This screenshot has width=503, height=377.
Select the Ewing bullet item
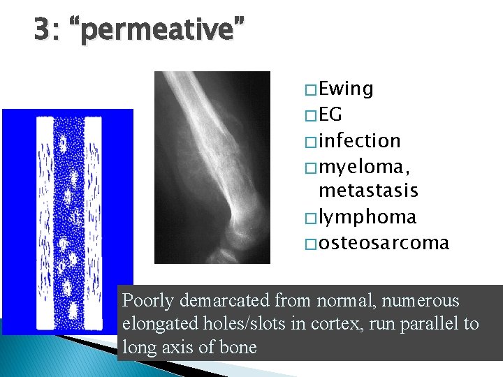[346, 89]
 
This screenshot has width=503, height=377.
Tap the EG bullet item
[330, 114]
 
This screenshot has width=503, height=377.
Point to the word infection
[359, 140]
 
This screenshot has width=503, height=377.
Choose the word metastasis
[368, 191]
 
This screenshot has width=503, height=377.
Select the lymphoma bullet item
[367, 217]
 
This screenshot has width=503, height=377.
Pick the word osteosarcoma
[384, 242]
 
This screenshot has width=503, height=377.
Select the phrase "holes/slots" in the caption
[239, 324]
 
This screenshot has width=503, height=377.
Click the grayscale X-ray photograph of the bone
[212, 168]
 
